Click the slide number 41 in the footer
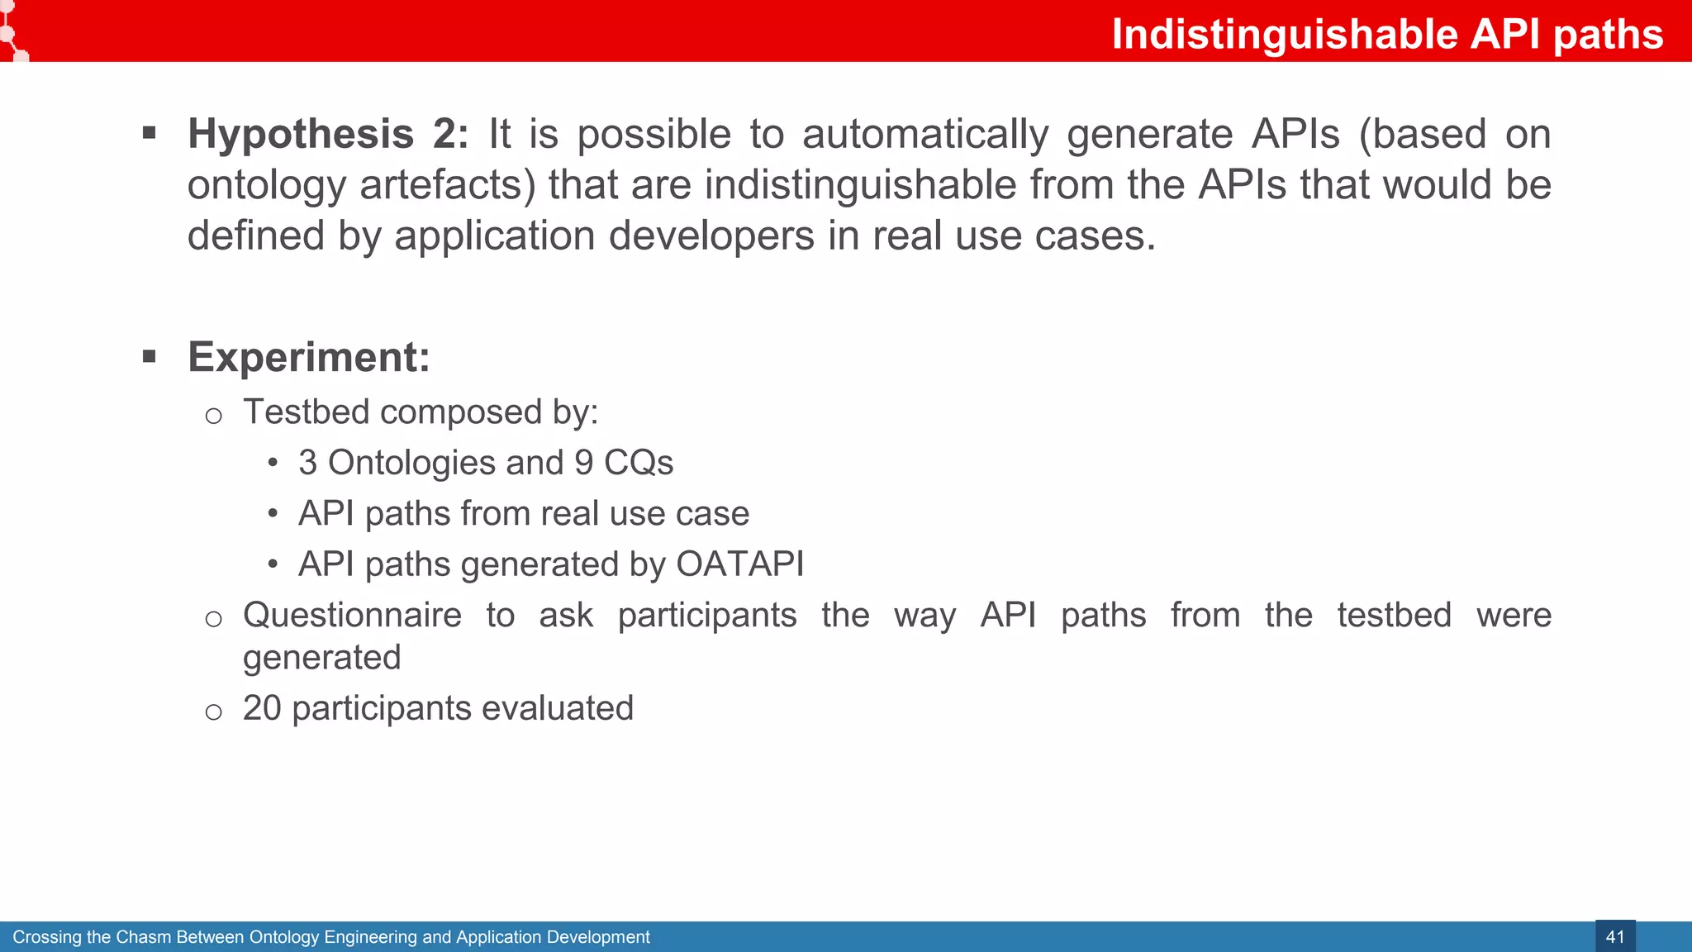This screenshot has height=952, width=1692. pos(1614,937)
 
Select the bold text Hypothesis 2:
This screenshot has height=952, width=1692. pos(328,134)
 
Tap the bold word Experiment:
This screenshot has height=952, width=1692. pos(309,357)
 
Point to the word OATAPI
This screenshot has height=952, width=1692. pos(739,564)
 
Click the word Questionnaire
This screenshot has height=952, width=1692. pos(352,616)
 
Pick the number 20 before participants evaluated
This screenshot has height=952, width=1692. pos(262,708)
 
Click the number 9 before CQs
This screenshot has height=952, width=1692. pos(584,463)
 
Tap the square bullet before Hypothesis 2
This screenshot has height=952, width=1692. pos(150,133)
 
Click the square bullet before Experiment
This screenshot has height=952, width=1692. pos(150,356)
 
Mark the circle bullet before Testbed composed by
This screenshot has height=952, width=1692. pos(213,416)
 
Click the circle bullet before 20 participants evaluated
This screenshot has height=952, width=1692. pos(213,712)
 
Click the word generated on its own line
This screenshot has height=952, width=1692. pos(321,658)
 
